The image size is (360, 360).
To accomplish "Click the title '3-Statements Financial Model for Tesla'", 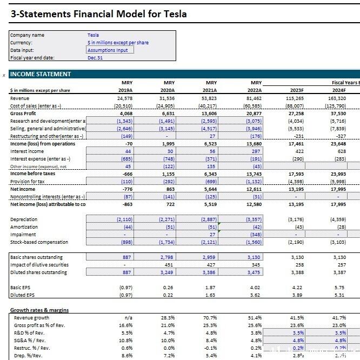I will [x=98, y=14].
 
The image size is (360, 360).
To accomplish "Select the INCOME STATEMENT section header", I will [x=41, y=74].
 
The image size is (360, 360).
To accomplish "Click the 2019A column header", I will [x=125, y=90].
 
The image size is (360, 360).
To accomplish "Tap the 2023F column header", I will [x=297, y=90].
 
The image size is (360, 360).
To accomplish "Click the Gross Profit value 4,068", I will [x=125, y=114].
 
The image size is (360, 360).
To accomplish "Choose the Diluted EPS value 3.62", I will [x=255, y=295].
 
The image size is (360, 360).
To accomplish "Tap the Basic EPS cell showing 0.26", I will [x=168, y=288].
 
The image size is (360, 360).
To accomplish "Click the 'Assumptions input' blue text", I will [x=108, y=50].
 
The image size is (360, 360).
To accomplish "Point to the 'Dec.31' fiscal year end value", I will [x=95, y=57].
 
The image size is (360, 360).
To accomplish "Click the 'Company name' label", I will [x=27, y=35].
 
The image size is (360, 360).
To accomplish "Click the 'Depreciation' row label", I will [x=24, y=219].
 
